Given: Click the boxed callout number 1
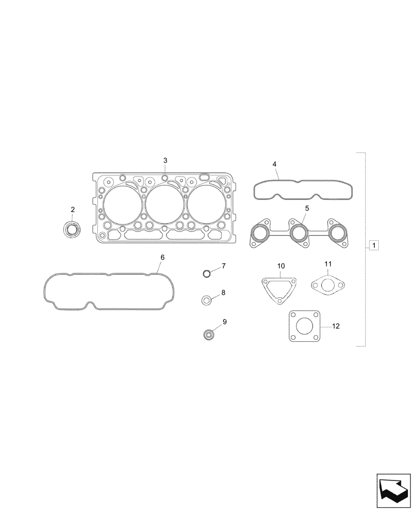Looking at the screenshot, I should (374, 246).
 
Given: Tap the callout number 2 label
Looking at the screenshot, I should (72, 210).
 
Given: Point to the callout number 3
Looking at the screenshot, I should (165, 161).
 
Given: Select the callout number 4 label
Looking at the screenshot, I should (274, 164).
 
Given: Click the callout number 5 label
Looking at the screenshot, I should (307, 208).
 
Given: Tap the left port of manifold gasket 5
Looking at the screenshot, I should (262, 235).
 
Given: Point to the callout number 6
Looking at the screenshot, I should (162, 258).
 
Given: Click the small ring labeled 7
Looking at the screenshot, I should (206, 274).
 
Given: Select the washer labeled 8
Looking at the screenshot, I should (206, 300).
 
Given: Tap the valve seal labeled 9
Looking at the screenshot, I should (208, 335).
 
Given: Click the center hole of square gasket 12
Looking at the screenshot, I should (304, 327).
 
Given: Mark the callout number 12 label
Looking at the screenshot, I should (335, 326).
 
